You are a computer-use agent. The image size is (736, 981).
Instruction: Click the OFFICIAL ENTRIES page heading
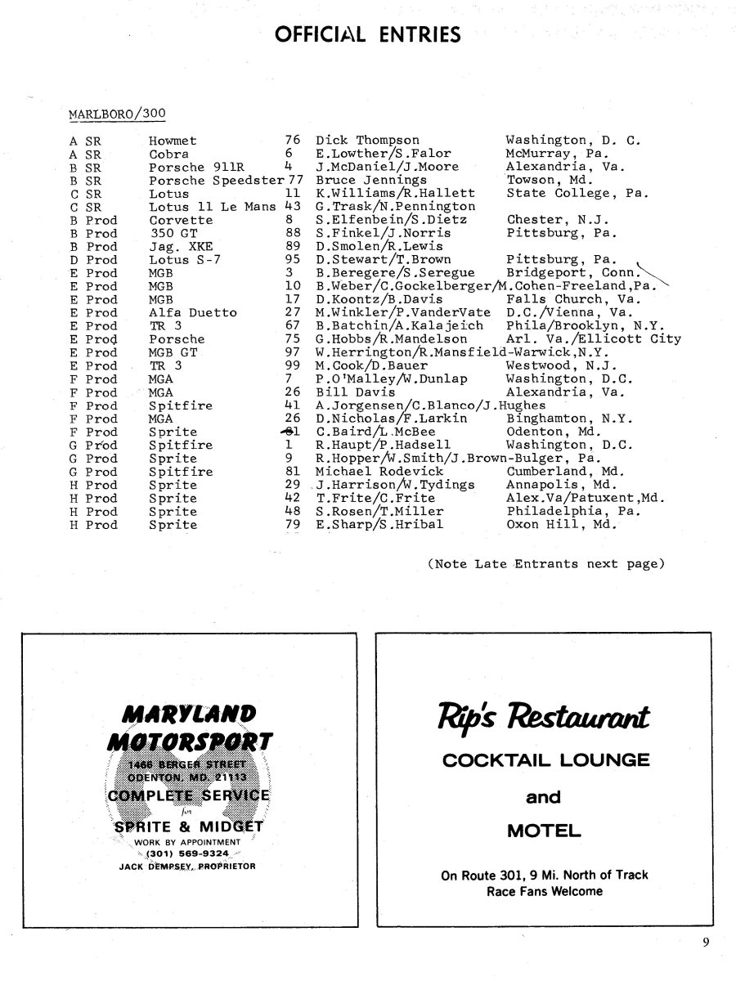(x=368, y=34)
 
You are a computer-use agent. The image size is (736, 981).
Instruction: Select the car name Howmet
(x=173, y=141)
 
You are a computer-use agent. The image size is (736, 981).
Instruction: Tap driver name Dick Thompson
(x=367, y=141)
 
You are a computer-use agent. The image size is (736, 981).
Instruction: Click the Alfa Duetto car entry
(x=192, y=312)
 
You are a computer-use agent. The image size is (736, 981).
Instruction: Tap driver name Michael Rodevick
(x=379, y=472)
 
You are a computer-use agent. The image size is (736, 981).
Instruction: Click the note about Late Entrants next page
(x=545, y=564)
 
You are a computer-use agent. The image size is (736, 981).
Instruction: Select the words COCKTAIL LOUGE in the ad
(x=545, y=760)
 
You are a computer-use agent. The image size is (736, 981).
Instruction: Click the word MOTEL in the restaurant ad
(x=544, y=832)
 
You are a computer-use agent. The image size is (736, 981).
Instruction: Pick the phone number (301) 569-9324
(x=188, y=853)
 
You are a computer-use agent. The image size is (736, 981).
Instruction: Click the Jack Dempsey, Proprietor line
(x=187, y=867)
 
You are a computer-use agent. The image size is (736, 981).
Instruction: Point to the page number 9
(x=705, y=943)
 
